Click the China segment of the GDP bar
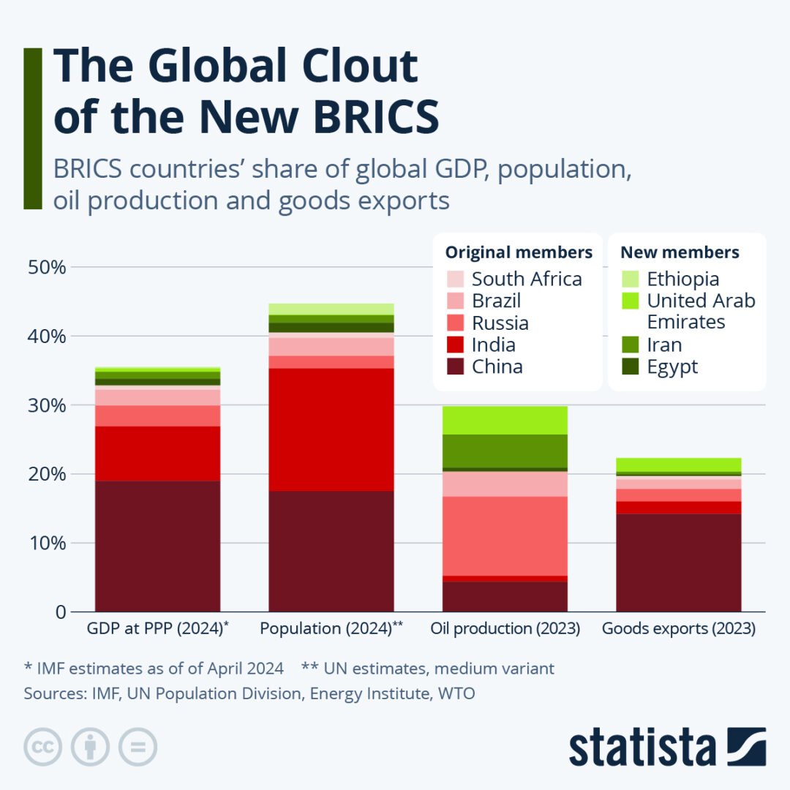pyautogui.click(x=157, y=546)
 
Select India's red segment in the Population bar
pyautogui.click(x=331, y=429)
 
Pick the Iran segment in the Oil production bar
pyautogui.click(x=505, y=451)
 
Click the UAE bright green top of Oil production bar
pyautogui.click(x=505, y=420)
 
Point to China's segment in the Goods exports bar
pyautogui.click(x=679, y=563)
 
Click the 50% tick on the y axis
pyautogui.click(x=47, y=267)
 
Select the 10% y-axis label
pyautogui.click(x=47, y=543)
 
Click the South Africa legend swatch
pyautogui.click(x=454, y=279)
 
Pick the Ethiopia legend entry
pyautogui.click(x=682, y=279)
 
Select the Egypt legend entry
pyautogui.click(x=672, y=366)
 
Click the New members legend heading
pyautogui.click(x=680, y=252)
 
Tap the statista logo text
pyautogui.click(x=642, y=748)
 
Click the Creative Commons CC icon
pyautogui.click(x=42, y=748)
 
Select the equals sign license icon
pyautogui.click(x=138, y=748)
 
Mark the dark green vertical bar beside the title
pyautogui.click(x=33, y=129)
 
